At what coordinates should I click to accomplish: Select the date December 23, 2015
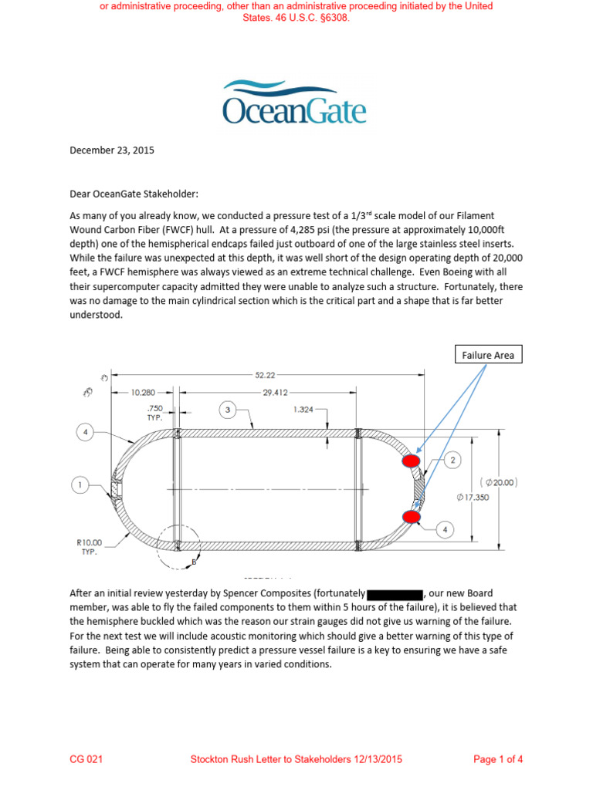112,150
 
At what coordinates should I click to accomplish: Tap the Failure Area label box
487,355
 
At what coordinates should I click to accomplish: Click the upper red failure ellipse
411,461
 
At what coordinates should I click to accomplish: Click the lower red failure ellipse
411,516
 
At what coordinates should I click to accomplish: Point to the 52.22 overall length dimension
265,375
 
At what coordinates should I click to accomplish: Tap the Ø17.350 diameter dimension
472,498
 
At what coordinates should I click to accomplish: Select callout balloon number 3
228,410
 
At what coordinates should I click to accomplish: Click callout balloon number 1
79,485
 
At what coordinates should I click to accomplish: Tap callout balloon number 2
452,461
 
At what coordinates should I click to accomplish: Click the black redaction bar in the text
395,594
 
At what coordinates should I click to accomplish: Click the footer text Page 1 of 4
498,759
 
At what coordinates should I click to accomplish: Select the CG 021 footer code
86,759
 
